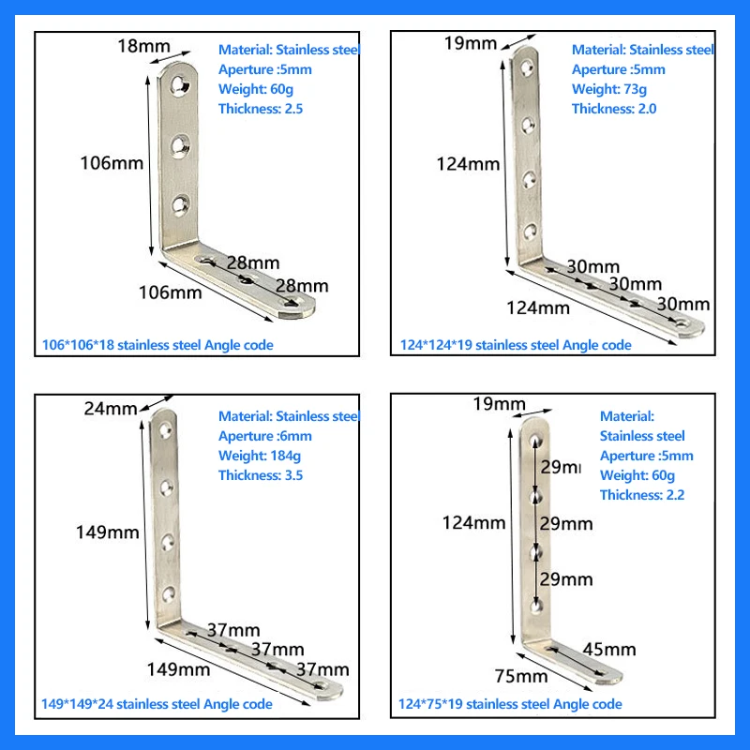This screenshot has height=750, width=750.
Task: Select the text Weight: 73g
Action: pos(608,89)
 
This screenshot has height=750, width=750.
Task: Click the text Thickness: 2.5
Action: pos(261,109)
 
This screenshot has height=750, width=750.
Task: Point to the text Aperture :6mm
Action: pos(265,436)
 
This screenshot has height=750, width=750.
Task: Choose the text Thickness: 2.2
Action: pos(642,495)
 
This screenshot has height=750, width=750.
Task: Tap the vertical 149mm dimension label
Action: pos(108,532)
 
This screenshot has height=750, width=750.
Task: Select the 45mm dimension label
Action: pos(609,649)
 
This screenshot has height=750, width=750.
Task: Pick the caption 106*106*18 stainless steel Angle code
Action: pos(158,345)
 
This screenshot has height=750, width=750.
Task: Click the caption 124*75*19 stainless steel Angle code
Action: pos(511,704)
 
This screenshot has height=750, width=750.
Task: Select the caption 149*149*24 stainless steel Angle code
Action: pos(157,704)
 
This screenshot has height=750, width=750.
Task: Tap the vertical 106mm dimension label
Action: pos(111,162)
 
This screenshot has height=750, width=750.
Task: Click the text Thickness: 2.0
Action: pos(614,109)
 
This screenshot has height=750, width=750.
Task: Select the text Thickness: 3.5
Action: pos(261,475)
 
